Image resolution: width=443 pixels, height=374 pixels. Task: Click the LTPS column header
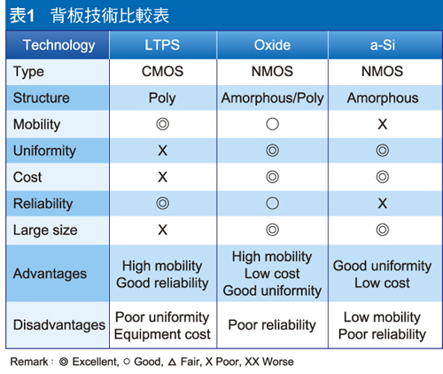tap(162, 45)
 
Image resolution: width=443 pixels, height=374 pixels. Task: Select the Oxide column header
tap(272, 45)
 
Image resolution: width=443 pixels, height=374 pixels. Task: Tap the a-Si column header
tap(383, 45)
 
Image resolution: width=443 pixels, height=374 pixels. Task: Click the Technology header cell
tap(59, 46)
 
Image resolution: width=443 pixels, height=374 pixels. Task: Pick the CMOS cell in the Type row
tap(162, 72)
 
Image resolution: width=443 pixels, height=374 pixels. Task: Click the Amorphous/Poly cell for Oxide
tap(272, 98)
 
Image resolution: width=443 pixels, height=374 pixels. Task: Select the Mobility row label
tap(37, 125)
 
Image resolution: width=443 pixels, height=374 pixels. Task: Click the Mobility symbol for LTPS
tap(163, 124)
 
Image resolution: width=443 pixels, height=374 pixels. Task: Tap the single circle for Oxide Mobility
tap(272, 124)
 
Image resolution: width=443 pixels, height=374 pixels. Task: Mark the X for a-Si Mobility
tap(383, 124)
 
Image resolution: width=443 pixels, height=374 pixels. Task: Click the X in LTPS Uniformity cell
tap(162, 151)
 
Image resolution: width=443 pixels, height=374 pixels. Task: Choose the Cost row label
tap(27, 177)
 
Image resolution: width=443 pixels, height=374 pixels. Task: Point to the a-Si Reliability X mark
tap(383, 203)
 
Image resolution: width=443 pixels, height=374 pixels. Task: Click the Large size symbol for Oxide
tap(272, 230)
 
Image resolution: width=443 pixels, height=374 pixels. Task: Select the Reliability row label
tap(43, 204)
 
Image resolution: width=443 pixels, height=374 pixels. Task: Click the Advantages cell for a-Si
tap(382, 274)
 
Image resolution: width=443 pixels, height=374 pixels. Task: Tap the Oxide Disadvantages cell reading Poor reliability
tap(272, 325)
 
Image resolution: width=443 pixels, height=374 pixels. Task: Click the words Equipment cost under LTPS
tap(162, 334)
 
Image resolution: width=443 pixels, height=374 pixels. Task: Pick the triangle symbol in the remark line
tap(172, 362)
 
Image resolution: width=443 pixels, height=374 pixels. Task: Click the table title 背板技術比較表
tap(110, 15)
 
